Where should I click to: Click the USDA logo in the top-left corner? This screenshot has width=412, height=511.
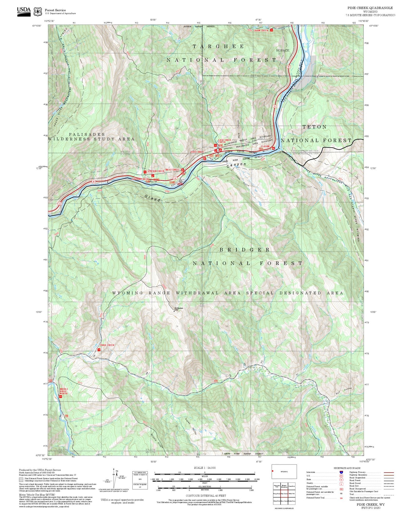pyautogui.click(x=24, y=11)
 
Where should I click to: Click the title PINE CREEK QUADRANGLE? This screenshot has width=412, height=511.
pyautogui.click(x=370, y=8)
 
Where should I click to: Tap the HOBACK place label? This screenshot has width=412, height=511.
pyautogui.click(x=283, y=50)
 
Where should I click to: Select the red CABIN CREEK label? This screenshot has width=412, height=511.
pyautogui.click(x=261, y=30)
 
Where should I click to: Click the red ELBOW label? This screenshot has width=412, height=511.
pyautogui.click(x=265, y=146)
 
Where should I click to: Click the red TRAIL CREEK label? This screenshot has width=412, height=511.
pyautogui.click(x=107, y=345)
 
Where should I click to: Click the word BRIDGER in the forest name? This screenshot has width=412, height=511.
pyautogui.click(x=245, y=250)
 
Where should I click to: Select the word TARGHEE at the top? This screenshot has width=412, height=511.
pyautogui.click(x=218, y=46)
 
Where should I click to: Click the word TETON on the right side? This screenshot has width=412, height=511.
pyautogui.click(x=314, y=127)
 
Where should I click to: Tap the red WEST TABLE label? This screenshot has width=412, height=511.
pyautogui.click(x=172, y=170)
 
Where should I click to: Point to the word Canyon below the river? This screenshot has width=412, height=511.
pyautogui.click(x=236, y=165)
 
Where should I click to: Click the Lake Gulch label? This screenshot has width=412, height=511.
pyautogui.click(x=242, y=181)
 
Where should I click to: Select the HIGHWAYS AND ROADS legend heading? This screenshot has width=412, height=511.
pyautogui.click(x=347, y=468)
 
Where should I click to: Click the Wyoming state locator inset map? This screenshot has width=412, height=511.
pyautogui.click(x=284, y=472)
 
